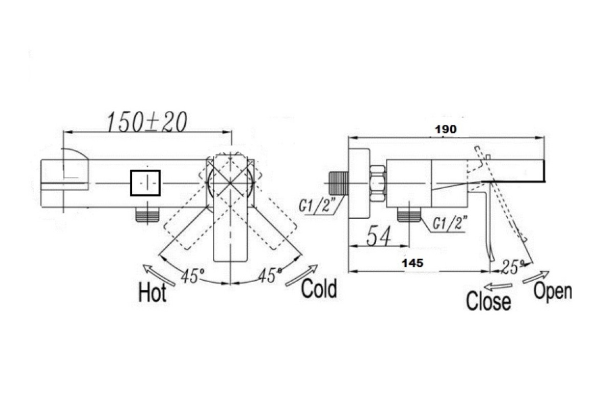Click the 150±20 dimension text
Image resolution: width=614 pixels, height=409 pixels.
(x=147, y=122)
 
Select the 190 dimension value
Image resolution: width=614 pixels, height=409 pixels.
(x=446, y=129)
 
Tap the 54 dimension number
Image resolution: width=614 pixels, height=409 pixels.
(x=379, y=236)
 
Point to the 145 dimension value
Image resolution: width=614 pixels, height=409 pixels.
(x=412, y=263)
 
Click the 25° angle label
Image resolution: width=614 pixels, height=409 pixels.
(x=512, y=266)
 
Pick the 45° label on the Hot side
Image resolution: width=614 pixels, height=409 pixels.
(x=193, y=276)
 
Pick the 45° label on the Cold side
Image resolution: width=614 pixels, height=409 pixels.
(x=270, y=275)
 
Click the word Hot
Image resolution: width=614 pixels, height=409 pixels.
(x=152, y=292)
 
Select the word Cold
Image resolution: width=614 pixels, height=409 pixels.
(x=319, y=288)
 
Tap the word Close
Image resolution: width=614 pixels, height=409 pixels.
(x=489, y=301)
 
